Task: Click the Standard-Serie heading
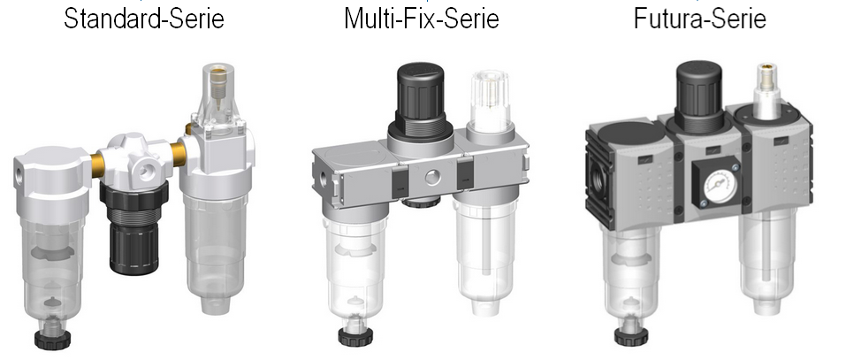[143, 19]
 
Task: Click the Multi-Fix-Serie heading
[422, 19]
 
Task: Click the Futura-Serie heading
[700, 19]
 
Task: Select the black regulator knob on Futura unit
[698, 89]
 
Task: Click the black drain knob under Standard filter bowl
[52, 339]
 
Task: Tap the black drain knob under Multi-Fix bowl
[355, 336]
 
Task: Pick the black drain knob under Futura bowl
[631, 336]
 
